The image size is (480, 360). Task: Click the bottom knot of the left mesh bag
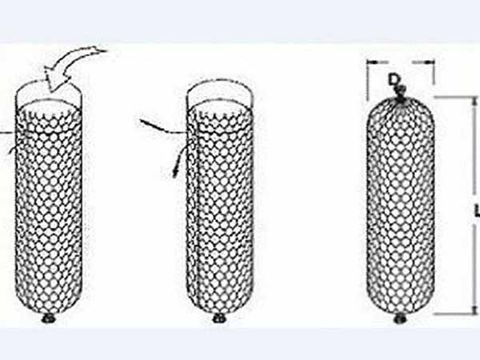(48, 318)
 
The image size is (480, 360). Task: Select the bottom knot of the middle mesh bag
(219, 318)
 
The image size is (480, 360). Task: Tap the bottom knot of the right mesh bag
(399, 318)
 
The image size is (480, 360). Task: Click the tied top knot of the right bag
(401, 93)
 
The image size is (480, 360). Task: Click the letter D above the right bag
(394, 79)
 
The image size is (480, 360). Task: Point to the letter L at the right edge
(477, 211)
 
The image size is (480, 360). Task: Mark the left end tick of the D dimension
(368, 62)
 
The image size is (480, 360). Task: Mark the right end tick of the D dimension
(433, 62)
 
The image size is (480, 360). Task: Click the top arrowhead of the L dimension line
(474, 102)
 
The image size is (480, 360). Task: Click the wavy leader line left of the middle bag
(163, 127)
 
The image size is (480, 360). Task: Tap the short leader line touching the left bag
(6, 133)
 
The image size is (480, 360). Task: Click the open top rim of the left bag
(49, 82)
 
